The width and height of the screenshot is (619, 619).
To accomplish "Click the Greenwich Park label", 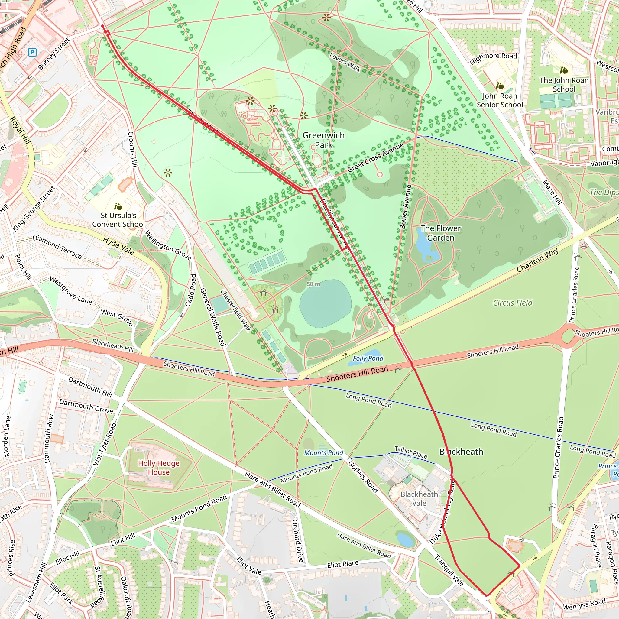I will click(x=324, y=140).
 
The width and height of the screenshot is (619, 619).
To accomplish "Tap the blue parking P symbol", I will click(x=32, y=52).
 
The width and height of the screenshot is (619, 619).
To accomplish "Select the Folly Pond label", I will click(x=368, y=358).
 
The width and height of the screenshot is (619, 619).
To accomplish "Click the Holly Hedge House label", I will click(x=159, y=468).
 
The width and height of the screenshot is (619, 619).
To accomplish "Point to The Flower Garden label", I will click(x=441, y=233).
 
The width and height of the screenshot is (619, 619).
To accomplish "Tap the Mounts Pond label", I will click(x=323, y=453).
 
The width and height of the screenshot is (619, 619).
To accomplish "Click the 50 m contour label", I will click(x=313, y=284).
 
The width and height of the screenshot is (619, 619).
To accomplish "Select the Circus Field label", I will click(x=512, y=303).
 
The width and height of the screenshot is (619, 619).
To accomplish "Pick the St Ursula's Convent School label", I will click(x=118, y=220).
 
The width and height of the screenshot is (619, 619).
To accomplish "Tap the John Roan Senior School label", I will click(x=500, y=100).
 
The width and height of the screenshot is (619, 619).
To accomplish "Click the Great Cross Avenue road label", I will click(x=375, y=157).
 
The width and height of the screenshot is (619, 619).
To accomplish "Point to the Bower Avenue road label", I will click(x=405, y=207).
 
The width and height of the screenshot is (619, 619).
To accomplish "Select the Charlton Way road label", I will click(x=537, y=260).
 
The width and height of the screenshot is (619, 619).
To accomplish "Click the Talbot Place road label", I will click(x=410, y=452).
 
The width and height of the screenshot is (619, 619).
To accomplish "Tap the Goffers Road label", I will click(x=363, y=477).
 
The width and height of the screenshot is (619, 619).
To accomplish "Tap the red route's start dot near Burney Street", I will click(x=102, y=26).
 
